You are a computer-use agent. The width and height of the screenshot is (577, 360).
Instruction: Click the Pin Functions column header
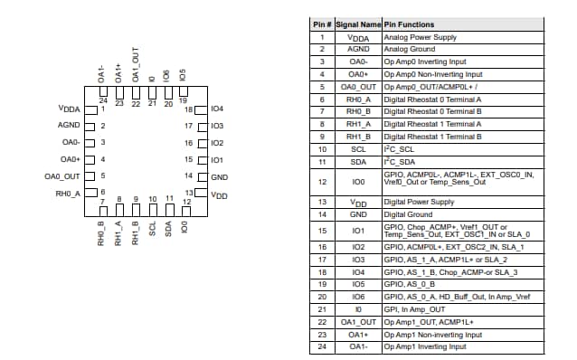(409, 24)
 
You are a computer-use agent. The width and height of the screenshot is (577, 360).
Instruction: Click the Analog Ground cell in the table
(409, 50)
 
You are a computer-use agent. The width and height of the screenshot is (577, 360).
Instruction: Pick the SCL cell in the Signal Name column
(359, 148)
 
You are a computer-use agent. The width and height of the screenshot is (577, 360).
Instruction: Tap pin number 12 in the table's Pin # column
(323, 181)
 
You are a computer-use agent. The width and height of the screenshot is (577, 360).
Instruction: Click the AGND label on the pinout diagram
(69, 126)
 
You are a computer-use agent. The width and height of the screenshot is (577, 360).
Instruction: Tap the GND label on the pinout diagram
(218, 177)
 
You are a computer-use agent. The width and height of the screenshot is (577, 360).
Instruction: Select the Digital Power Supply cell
(419, 202)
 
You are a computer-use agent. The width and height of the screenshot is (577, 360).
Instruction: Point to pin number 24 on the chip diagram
(103, 101)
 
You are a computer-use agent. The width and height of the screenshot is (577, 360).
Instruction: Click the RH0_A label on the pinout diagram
(68, 194)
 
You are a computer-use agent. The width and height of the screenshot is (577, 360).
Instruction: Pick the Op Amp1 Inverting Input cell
(424, 346)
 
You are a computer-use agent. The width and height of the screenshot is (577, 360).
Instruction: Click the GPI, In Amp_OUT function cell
(414, 309)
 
